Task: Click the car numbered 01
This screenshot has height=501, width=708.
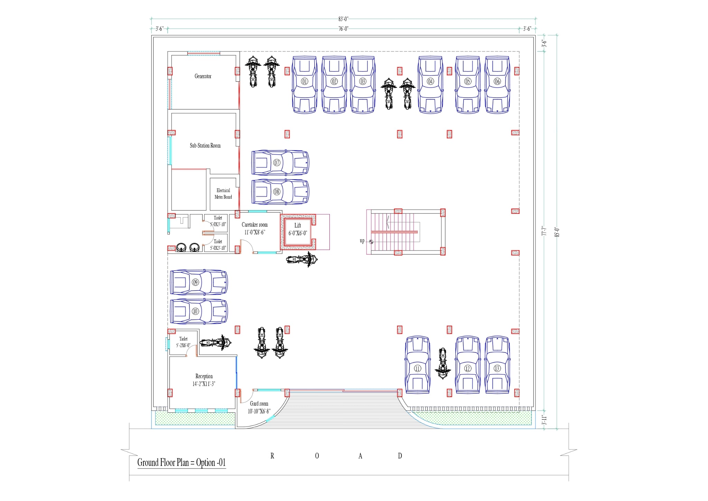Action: [305, 85]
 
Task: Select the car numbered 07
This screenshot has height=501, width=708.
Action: [280, 163]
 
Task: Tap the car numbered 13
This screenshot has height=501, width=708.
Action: [497, 365]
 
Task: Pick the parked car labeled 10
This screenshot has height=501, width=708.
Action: [199, 311]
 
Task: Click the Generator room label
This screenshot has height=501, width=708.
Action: [203, 76]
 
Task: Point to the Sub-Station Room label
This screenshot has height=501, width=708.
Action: [205, 146]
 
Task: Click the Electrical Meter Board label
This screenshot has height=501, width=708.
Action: [223, 194]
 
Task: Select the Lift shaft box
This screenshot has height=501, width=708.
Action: [298, 231]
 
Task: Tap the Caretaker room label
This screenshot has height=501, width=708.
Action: [254, 225]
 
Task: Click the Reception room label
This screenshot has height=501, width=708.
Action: [204, 376]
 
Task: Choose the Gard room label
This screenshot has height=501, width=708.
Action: [259, 404]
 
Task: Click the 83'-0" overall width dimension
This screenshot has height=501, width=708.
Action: [343, 19]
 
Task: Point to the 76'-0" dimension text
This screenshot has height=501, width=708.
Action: [343, 29]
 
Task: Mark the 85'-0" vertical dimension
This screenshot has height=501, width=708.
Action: [557, 232]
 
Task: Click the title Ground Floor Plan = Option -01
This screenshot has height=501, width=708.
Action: [181, 463]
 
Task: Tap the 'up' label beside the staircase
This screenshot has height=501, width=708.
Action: [362, 241]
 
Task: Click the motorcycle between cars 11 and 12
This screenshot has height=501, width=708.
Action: [442, 363]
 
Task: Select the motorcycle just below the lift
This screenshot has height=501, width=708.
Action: [302, 259]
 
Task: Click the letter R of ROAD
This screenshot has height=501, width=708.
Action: [272, 456]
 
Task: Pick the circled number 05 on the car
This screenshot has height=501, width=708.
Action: [468, 81]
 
